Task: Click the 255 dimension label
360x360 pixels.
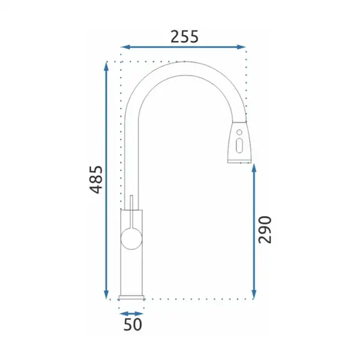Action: pyautogui.click(x=184, y=37)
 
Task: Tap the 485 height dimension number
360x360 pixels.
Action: pyautogui.click(x=96, y=179)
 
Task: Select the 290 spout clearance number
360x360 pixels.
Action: pyautogui.click(x=265, y=230)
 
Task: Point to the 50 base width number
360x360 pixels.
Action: pyautogui.click(x=133, y=325)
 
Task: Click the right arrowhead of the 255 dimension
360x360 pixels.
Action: pyautogui.click(x=241, y=47)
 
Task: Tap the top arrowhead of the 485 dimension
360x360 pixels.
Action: pyautogui.click(x=106, y=67)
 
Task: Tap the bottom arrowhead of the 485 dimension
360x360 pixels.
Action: pyautogui.click(x=106, y=295)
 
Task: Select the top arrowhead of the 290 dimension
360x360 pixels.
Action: pyautogui.click(x=254, y=169)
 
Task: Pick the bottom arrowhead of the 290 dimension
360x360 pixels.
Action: pyautogui.click(x=254, y=295)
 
